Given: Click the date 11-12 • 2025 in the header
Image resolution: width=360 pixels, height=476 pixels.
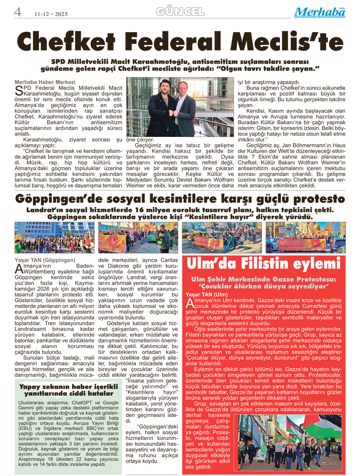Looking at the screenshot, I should coord(51,14).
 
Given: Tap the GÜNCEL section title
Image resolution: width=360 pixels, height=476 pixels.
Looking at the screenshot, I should coord(180,12).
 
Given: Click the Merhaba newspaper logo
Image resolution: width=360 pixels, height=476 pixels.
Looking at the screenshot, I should coord(320,12).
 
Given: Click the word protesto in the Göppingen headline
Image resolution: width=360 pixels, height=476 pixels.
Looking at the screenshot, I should coord(319,199).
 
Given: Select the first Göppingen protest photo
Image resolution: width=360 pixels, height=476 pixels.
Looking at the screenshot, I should coord(54,237).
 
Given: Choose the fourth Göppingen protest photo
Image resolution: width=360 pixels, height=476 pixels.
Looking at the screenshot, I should coord(306,237).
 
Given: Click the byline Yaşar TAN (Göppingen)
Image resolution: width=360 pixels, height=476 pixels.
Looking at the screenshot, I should coord(45,260).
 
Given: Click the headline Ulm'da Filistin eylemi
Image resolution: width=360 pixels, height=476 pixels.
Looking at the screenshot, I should coord(263,264).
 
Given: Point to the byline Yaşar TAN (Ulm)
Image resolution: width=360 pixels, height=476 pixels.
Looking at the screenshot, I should coord(207,295).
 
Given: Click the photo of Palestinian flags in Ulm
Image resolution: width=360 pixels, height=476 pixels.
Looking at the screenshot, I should coord(289,442).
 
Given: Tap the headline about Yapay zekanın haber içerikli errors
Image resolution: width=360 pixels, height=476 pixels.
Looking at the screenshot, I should coord(69,390).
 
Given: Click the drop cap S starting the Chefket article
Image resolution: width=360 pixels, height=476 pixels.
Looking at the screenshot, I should coord(19,90).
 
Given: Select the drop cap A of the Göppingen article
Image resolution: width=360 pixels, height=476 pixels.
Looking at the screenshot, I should coord(19,269).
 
